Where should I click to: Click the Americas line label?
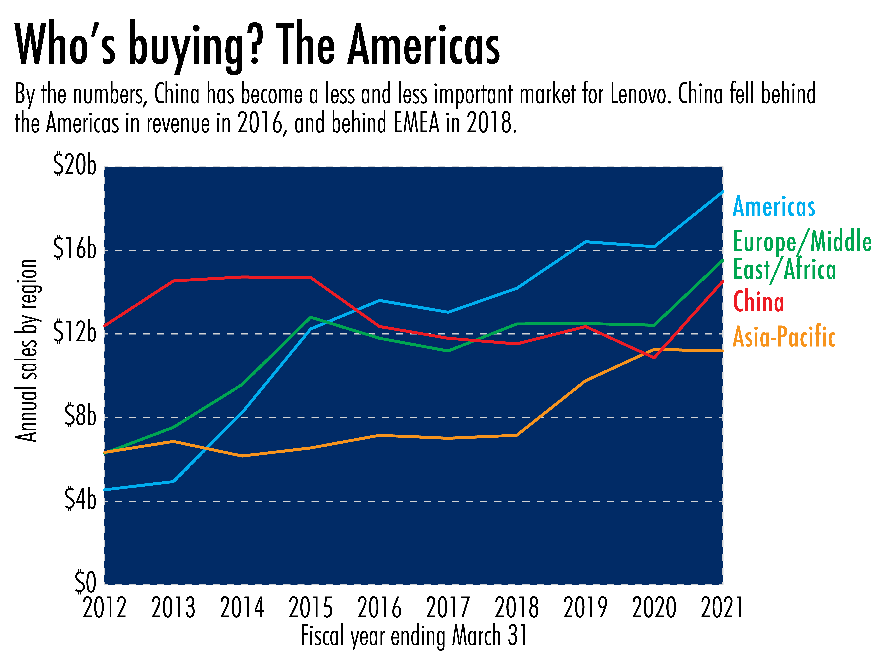pos(774,207)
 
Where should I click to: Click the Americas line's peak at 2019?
pos(585,242)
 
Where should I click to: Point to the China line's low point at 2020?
pos(654,357)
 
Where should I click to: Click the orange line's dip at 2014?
pos(242,456)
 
